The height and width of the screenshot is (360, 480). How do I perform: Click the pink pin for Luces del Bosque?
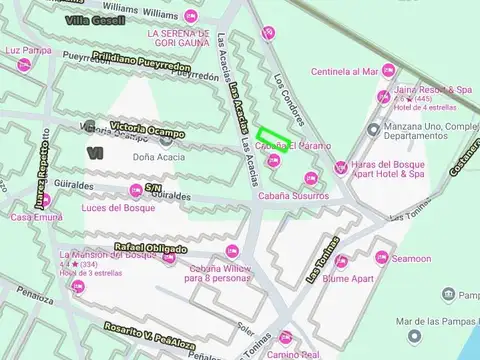pos(135,192)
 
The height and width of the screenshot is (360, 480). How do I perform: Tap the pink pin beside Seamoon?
pos(380,258)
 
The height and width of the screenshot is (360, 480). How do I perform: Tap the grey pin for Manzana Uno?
pos(373,130)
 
